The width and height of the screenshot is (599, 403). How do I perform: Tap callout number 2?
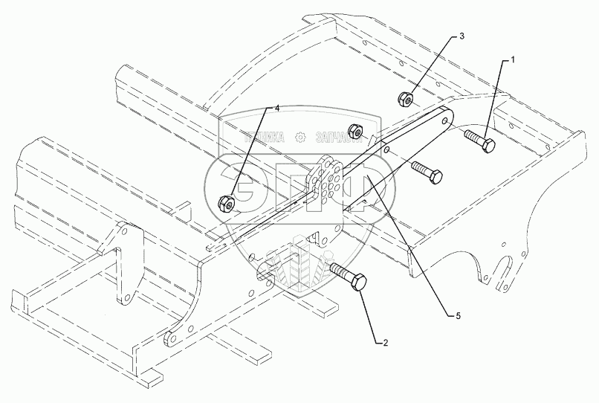click(385, 343)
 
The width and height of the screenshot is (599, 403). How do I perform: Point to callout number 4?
click(276, 108)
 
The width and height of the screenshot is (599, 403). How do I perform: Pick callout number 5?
click(459, 316)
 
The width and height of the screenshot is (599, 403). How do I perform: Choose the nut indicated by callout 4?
click(224, 201)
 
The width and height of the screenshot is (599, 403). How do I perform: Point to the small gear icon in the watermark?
click(299, 137)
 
